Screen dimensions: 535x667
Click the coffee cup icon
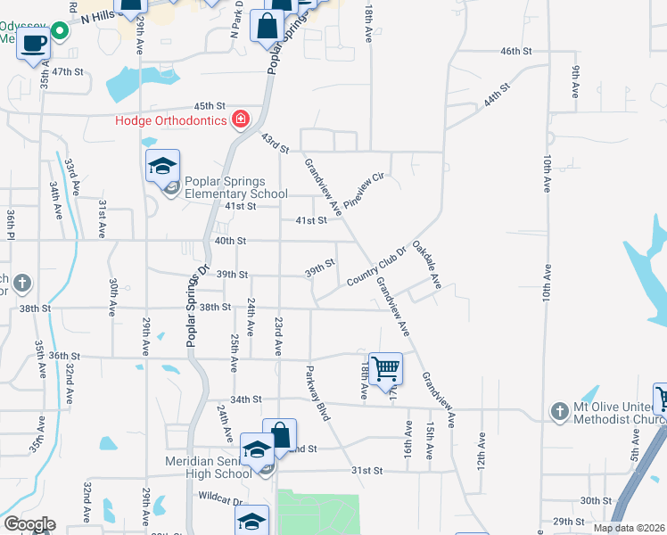(34, 43)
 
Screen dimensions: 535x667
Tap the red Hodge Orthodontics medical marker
(239, 119)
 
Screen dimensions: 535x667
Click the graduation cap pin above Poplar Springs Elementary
(163, 167)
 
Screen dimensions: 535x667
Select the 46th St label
(515, 53)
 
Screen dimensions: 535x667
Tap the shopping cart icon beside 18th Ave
(385, 367)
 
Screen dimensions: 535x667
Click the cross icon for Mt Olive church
(559, 412)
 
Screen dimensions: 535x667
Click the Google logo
(29, 524)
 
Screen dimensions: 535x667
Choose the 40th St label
(229, 241)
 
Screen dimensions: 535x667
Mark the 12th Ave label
(481, 452)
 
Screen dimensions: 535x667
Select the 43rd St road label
(276, 143)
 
